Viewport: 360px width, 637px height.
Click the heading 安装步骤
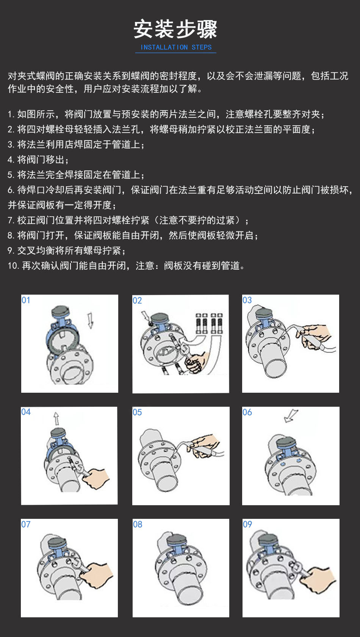point(175,29)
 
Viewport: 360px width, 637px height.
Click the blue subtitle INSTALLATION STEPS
point(176,47)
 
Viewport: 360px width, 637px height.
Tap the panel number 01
point(26,300)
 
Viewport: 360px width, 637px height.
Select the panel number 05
point(137,412)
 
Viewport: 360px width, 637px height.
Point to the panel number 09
point(247,524)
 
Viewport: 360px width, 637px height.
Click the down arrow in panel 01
point(90,320)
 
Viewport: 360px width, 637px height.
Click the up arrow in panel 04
point(56,418)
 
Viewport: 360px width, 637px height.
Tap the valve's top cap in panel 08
point(177,540)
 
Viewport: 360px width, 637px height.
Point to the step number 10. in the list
point(13,265)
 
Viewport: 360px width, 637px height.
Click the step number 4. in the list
point(11,159)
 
